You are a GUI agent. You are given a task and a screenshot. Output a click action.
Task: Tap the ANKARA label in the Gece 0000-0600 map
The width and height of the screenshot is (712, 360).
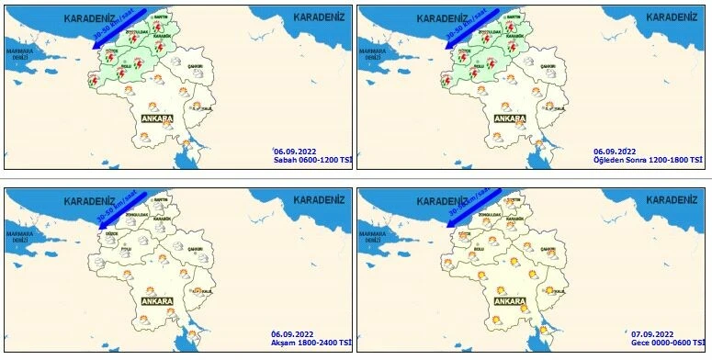pos(510,301)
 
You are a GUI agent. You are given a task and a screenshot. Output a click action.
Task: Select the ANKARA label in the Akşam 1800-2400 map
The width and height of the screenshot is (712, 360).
pos(158,300)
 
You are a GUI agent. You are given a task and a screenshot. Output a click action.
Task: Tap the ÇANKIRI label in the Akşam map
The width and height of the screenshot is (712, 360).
pos(196,248)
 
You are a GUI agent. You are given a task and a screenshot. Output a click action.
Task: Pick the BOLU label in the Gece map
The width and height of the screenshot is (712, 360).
pos(479,248)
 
